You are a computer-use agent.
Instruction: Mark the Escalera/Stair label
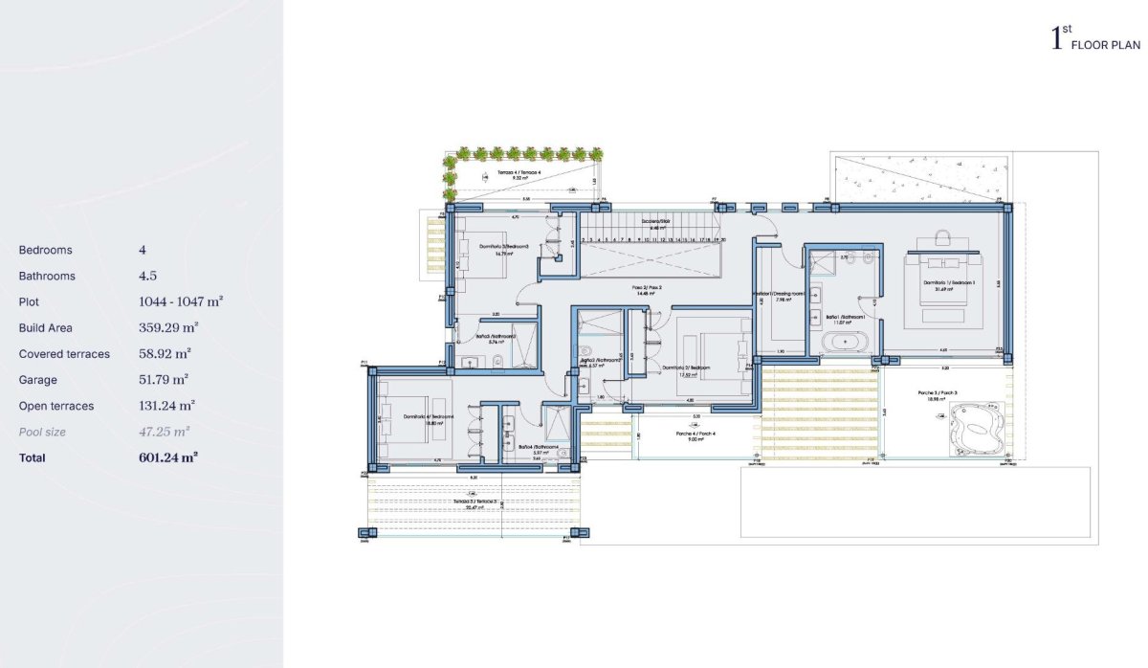pyautogui.click(x=655, y=222)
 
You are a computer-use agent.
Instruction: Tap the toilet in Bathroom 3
pyautogui.click(x=498, y=360)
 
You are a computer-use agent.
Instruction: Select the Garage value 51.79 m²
pyautogui.click(x=164, y=380)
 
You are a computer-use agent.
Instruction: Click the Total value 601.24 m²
pyautogui.click(x=168, y=458)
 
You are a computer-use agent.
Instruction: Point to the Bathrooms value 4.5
pyautogui.click(x=147, y=276)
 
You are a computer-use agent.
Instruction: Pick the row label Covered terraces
pyautogui.click(x=64, y=354)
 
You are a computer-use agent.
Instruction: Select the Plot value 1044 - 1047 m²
pyautogui.click(x=181, y=301)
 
